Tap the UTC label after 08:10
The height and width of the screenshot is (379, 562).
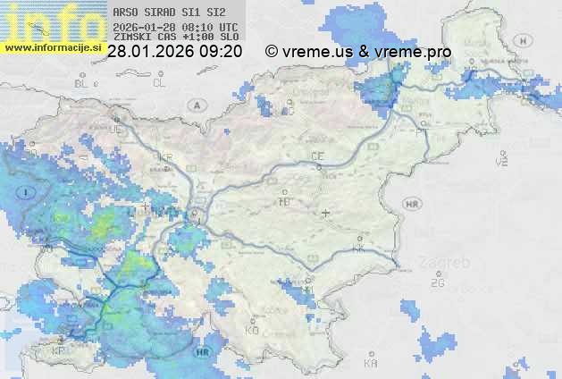pos(228,28)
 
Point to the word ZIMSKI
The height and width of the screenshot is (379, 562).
pos(131,38)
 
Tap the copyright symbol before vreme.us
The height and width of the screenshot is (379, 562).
pos(272,52)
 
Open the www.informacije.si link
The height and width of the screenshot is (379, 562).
pos(53,46)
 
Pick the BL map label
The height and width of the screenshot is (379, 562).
pos(82,83)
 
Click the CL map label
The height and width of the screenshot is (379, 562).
pos(159,83)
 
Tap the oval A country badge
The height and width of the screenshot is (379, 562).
pos(195,105)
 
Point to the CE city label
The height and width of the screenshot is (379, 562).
pos(317,156)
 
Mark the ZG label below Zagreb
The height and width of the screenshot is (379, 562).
pos(437,283)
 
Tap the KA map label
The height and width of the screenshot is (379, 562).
pos(371,363)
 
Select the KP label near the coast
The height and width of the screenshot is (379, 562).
pos(58,350)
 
